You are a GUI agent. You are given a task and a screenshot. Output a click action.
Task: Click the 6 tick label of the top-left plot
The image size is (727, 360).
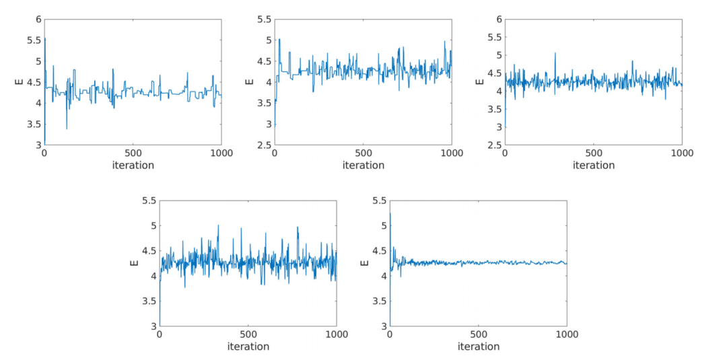pos(38,19)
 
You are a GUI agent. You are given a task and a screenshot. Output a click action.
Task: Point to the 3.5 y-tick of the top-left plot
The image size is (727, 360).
pos(33,124)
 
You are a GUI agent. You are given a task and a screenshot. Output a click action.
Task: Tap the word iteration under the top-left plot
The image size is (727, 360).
pos(133,165)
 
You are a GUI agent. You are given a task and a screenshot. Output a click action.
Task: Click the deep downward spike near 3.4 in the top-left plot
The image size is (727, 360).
pos(67,128)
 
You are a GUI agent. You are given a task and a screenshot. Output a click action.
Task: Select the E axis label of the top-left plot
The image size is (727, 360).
pos(19,82)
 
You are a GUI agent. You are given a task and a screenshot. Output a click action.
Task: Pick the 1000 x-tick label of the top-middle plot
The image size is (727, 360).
pos(452,153)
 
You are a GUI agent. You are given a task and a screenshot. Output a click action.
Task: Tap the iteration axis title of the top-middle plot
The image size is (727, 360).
pos(363,165)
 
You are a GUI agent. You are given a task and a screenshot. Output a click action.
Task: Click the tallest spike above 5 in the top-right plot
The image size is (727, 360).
pos(555,53)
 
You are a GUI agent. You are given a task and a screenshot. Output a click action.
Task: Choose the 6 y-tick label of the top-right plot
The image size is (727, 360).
pos(498,19)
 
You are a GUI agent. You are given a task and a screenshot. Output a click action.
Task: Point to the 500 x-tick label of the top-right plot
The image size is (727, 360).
pos(593,153)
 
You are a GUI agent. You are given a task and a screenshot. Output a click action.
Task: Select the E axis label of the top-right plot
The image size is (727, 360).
pos(479,82)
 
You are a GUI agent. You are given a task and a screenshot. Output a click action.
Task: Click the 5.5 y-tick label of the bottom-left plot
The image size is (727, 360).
pos(148,200)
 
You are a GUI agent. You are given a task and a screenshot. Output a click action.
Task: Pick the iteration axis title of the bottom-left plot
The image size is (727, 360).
pos(248,347)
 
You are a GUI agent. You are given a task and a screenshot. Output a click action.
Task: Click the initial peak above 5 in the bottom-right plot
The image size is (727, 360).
pos(390,214)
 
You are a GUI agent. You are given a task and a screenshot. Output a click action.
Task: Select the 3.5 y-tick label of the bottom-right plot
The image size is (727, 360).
pos(378,301)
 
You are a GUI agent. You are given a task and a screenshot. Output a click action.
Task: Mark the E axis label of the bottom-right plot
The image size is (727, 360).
pos(364,263)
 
